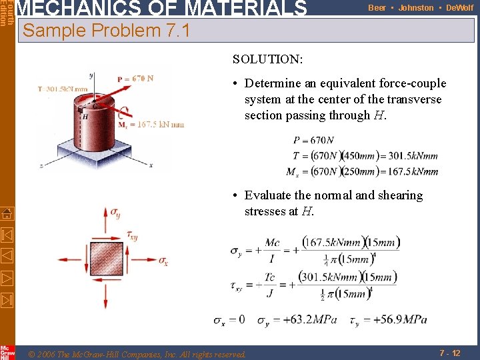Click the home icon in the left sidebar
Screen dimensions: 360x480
(x=7, y=213)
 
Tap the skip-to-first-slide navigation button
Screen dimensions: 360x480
(x=7, y=234)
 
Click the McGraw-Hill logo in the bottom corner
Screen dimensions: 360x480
(x=7, y=351)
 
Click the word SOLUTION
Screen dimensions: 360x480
(x=267, y=59)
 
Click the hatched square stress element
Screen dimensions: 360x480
(x=106, y=259)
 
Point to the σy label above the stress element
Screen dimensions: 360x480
(x=116, y=213)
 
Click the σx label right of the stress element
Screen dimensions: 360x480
(x=164, y=260)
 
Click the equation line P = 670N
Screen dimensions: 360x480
(x=313, y=140)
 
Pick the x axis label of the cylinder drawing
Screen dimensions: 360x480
(x=151, y=165)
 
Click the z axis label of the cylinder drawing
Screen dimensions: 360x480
(x=41, y=165)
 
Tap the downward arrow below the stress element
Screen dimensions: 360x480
(x=106, y=297)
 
